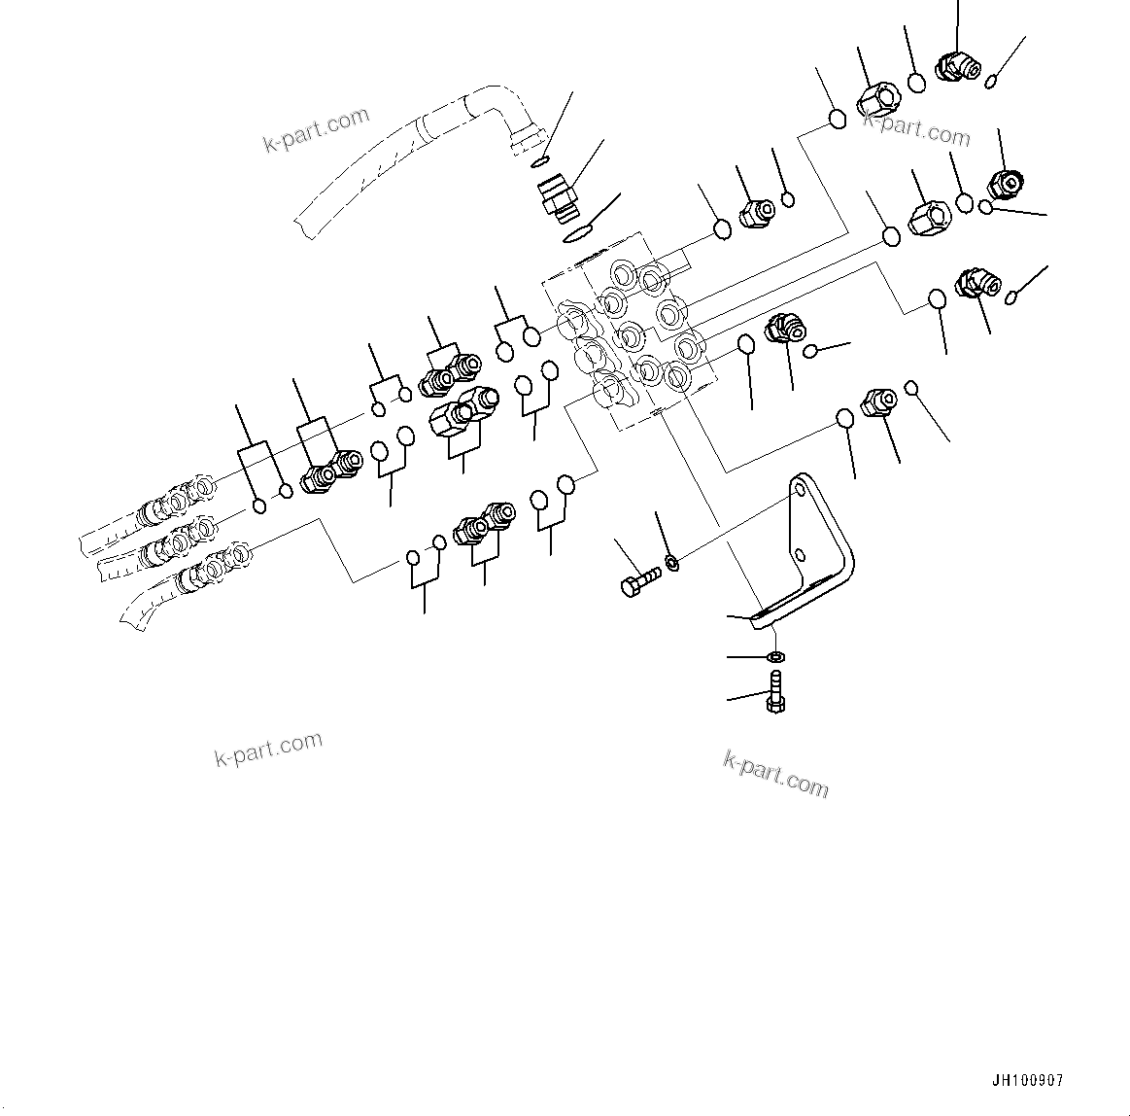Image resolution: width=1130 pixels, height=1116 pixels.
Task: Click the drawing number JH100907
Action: pos(1028,1081)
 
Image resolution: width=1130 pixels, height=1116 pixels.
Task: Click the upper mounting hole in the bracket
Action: pos(799,490)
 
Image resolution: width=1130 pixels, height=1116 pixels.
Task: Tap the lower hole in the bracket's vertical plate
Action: pos(799,555)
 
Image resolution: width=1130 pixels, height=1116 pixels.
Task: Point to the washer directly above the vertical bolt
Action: pos(774,658)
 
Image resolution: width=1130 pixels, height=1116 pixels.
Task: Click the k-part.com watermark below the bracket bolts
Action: pos(775,773)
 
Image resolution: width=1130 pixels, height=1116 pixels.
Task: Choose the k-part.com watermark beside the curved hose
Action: pos(317,131)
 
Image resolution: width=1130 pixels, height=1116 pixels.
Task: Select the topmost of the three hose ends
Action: pos(175,499)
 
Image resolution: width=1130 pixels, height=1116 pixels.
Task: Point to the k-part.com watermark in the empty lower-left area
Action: pos(268,749)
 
